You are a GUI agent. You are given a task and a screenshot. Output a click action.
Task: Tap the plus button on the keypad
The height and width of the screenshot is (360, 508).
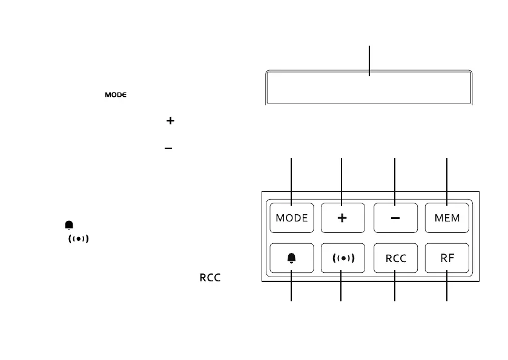coord(342,218)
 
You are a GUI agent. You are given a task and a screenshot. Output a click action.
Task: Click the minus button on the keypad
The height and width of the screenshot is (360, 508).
coord(395,218)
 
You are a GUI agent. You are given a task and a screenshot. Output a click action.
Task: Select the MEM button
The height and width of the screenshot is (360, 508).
coord(447,218)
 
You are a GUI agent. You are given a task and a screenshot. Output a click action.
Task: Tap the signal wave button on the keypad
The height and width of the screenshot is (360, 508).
coord(342,258)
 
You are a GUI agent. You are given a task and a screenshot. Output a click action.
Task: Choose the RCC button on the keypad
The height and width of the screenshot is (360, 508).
coord(395,258)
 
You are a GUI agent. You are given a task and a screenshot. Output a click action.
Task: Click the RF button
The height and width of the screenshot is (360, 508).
coord(447,258)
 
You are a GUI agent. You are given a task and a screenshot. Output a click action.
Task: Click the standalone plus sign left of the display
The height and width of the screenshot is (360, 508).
coord(170,121)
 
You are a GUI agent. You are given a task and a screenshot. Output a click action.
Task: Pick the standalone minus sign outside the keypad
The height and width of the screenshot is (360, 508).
coord(170,148)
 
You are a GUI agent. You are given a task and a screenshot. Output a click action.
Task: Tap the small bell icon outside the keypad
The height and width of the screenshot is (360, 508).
coord(69,225)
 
